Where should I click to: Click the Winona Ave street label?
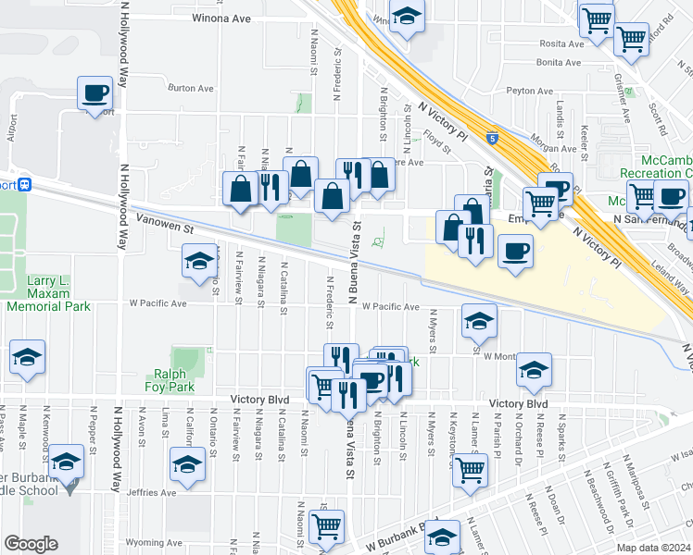coord(221,18)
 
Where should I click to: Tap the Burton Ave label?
coord(191,88)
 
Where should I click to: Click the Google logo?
coord(31,544)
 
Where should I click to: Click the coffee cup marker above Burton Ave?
coord(95,93)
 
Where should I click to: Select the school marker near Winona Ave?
coord(406,16)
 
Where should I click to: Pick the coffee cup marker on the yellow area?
coord(515,250)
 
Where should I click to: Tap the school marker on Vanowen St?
coord(198,262)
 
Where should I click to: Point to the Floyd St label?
coord(436,143)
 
